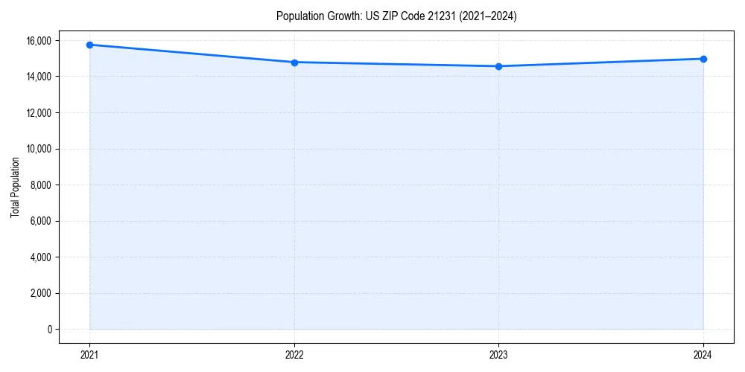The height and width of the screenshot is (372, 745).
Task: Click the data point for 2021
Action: [89, 45]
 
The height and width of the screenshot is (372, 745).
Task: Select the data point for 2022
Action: [294, 62]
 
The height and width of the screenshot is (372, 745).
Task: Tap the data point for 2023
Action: [498, 66]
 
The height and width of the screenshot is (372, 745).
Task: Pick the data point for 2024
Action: [703, 59]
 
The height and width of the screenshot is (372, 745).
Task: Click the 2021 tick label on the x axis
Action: [89, 355]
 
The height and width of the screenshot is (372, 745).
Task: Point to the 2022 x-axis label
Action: [294, 355]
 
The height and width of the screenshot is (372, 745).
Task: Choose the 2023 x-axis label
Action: [498, 355]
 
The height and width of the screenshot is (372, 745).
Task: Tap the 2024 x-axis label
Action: [703, 355]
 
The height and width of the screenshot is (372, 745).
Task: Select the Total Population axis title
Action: [15, 187]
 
